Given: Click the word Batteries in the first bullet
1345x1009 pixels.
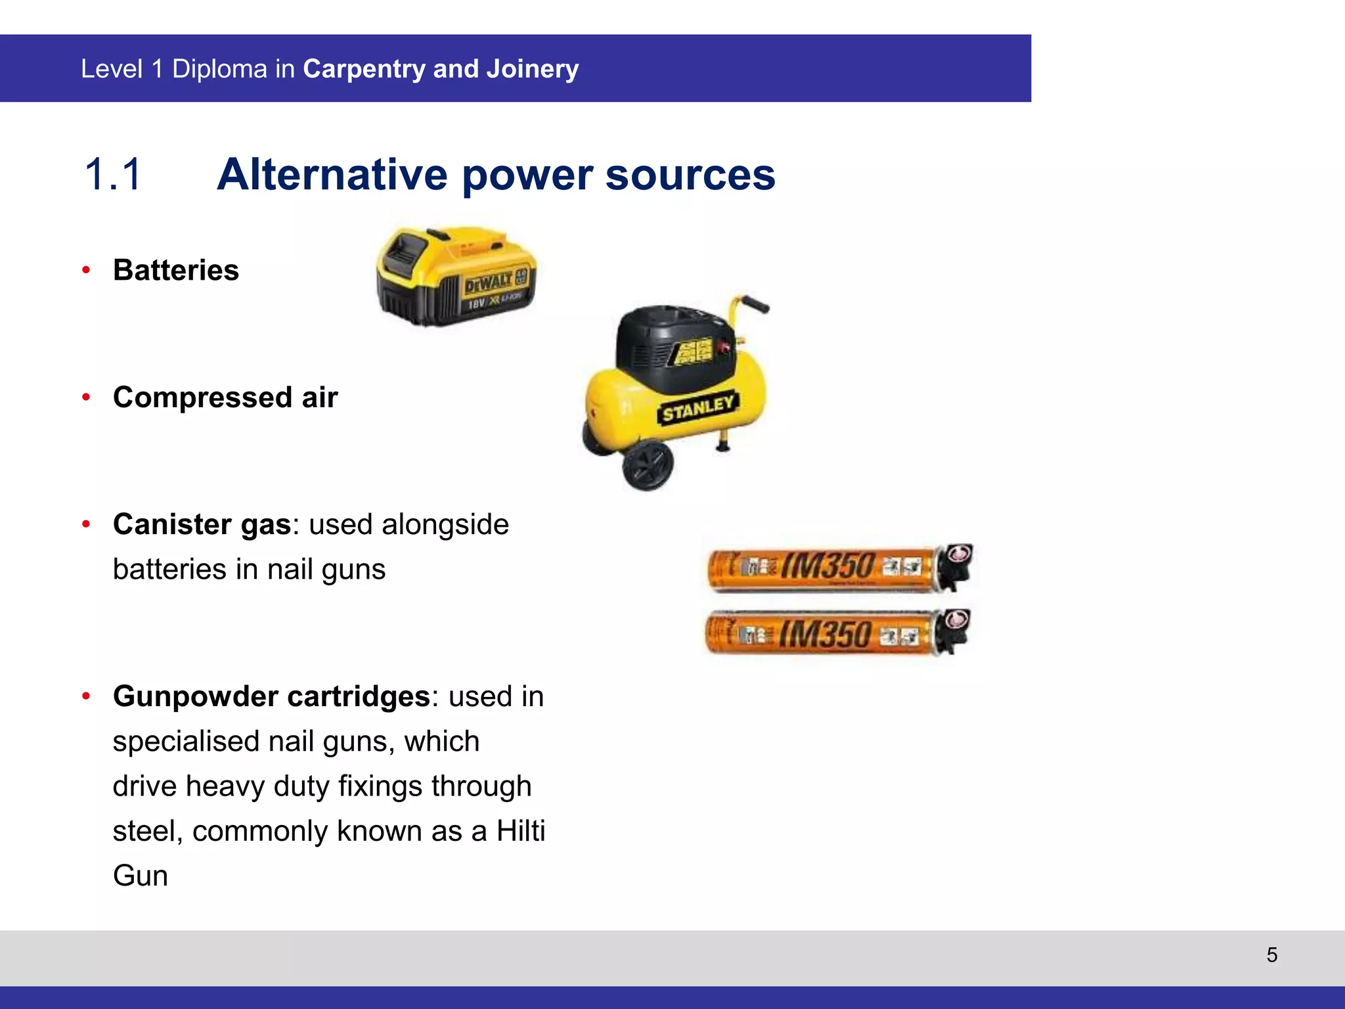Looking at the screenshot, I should coord(175,270).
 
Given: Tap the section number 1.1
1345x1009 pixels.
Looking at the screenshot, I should coord(113,175).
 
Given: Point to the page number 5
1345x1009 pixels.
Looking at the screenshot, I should coord(1271,954).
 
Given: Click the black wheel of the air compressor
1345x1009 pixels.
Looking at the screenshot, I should coord(648,464).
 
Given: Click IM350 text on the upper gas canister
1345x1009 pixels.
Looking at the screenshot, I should coord(829,567).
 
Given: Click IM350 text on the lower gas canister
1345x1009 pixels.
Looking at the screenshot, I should coord(826,634).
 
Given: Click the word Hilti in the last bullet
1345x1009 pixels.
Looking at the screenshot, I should coord(521,831).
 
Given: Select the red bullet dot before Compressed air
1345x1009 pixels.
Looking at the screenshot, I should coord(86,397).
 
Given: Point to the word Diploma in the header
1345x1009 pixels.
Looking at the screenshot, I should coord(219,69).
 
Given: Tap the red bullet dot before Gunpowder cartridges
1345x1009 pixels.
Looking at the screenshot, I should coord(86,696).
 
